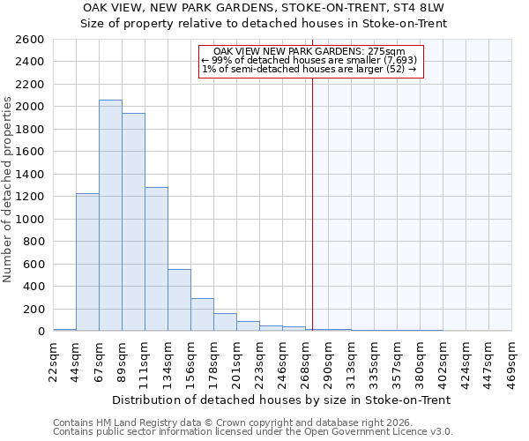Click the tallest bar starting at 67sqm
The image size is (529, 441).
click(x=110, y=215)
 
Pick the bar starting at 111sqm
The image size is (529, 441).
click(x=156, y=259)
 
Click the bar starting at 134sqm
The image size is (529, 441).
click(x=179, y=300)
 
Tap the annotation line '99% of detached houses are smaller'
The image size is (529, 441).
click(x=309, y=60)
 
